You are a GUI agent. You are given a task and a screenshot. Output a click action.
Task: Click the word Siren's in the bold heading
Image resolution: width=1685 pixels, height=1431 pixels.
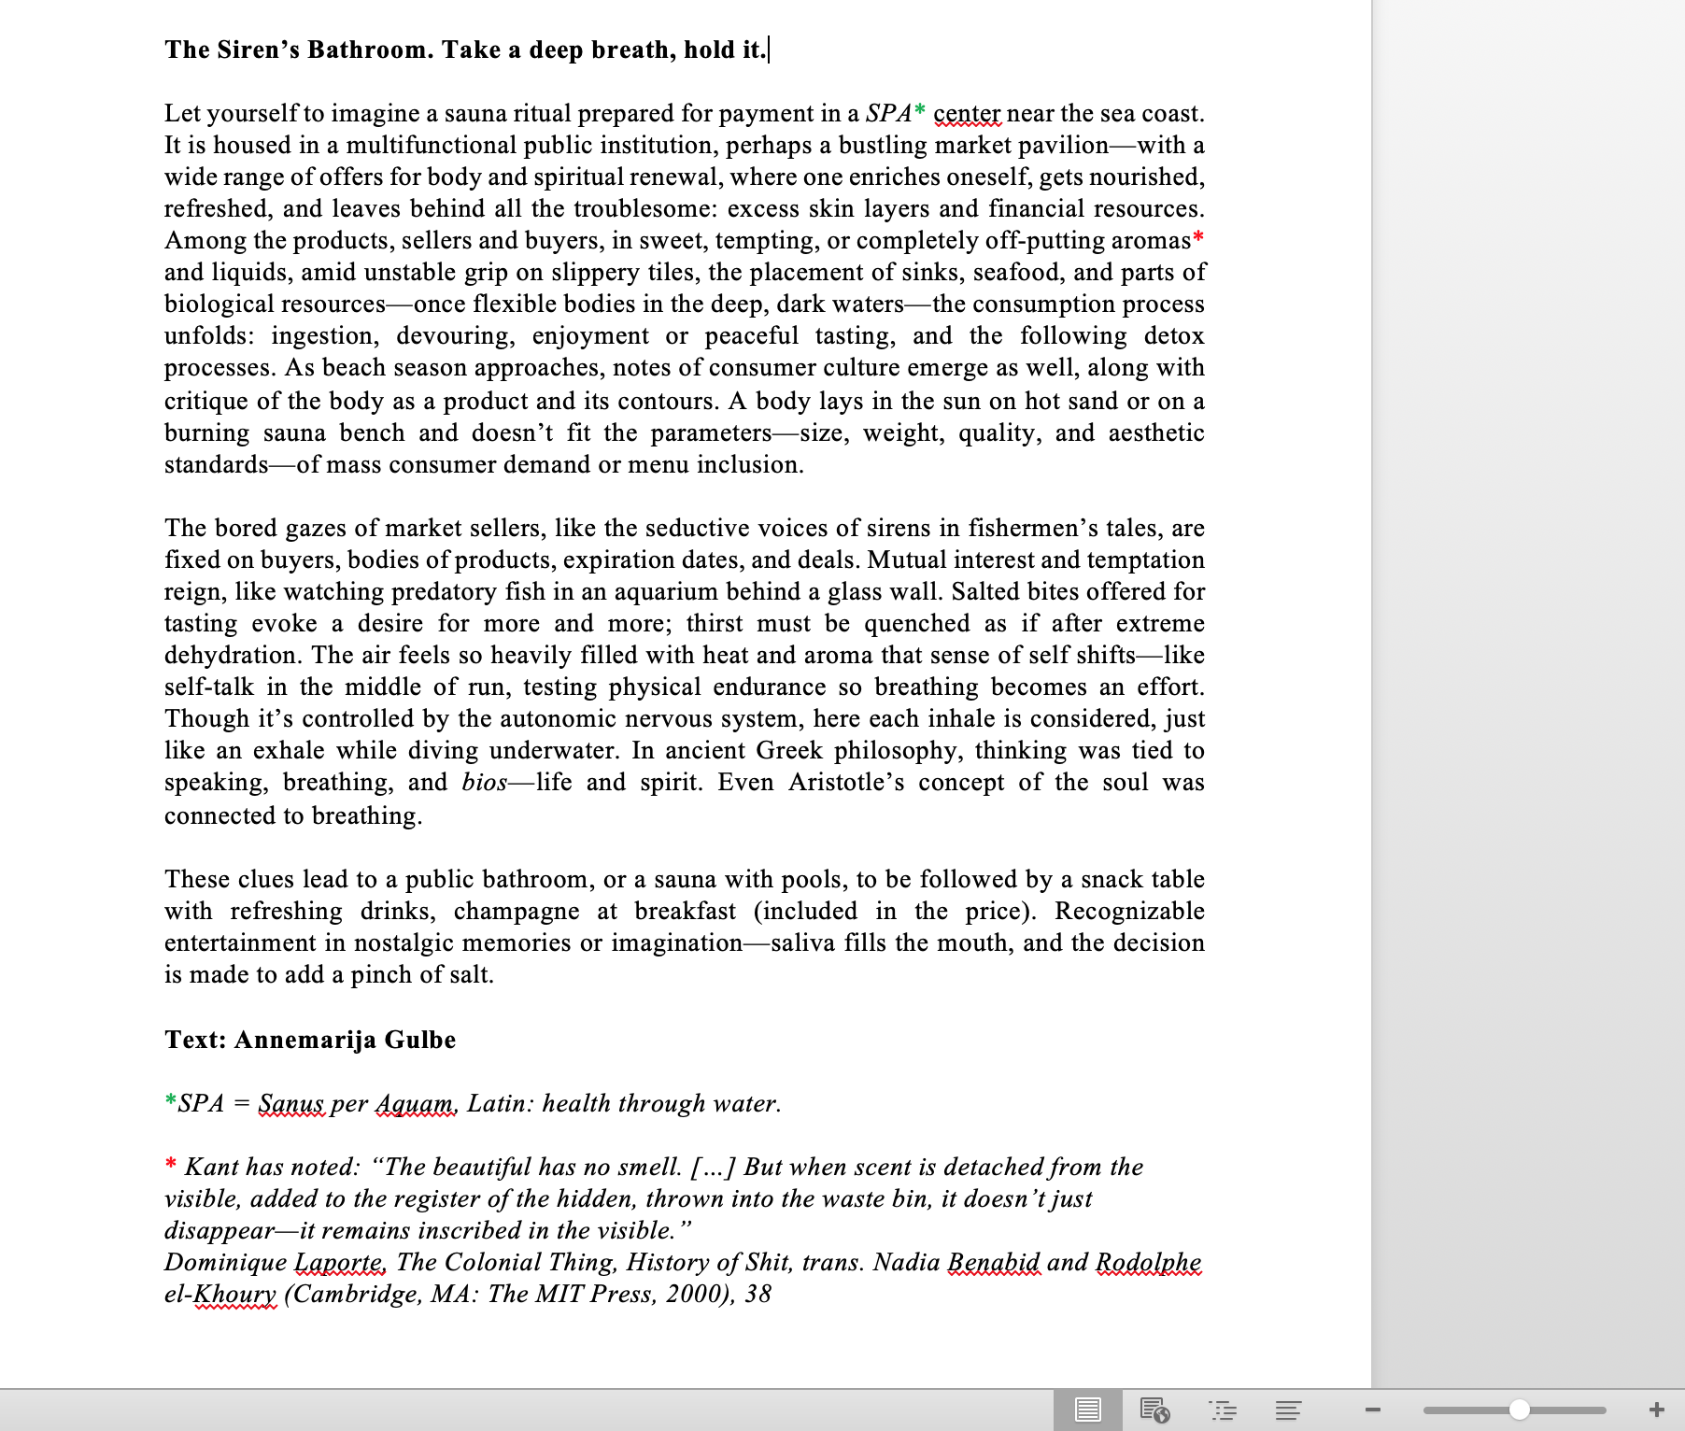pos(258,50)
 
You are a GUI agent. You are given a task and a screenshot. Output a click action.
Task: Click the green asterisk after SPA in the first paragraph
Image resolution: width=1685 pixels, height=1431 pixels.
pos(920,112)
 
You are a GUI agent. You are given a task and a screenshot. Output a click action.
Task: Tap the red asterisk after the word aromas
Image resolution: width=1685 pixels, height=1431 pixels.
pos(1198,238)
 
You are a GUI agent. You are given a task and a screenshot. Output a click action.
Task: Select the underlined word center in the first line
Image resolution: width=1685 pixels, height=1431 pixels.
pos(967,114)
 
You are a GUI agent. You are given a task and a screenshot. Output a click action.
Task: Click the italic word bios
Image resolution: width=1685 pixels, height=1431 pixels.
pos(484,782)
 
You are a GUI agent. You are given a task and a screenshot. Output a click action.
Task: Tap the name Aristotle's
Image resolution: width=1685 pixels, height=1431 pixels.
pos(845,782)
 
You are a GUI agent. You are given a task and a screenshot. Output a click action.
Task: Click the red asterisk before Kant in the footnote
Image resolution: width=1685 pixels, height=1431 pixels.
pos(171,1165)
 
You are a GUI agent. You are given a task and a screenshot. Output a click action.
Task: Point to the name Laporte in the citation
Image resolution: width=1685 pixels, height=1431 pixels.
pos(339,1262)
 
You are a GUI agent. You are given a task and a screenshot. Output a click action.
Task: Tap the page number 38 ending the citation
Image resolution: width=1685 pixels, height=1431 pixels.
pos(758,1294)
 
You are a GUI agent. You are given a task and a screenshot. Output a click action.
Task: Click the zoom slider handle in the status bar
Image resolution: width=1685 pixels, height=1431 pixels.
pos(1520,1410)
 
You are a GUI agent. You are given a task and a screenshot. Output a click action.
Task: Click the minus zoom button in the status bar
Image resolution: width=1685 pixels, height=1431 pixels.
pos(1372,1410)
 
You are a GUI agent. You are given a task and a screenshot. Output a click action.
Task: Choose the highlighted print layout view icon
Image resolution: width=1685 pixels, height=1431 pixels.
pos(1087,1410)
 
